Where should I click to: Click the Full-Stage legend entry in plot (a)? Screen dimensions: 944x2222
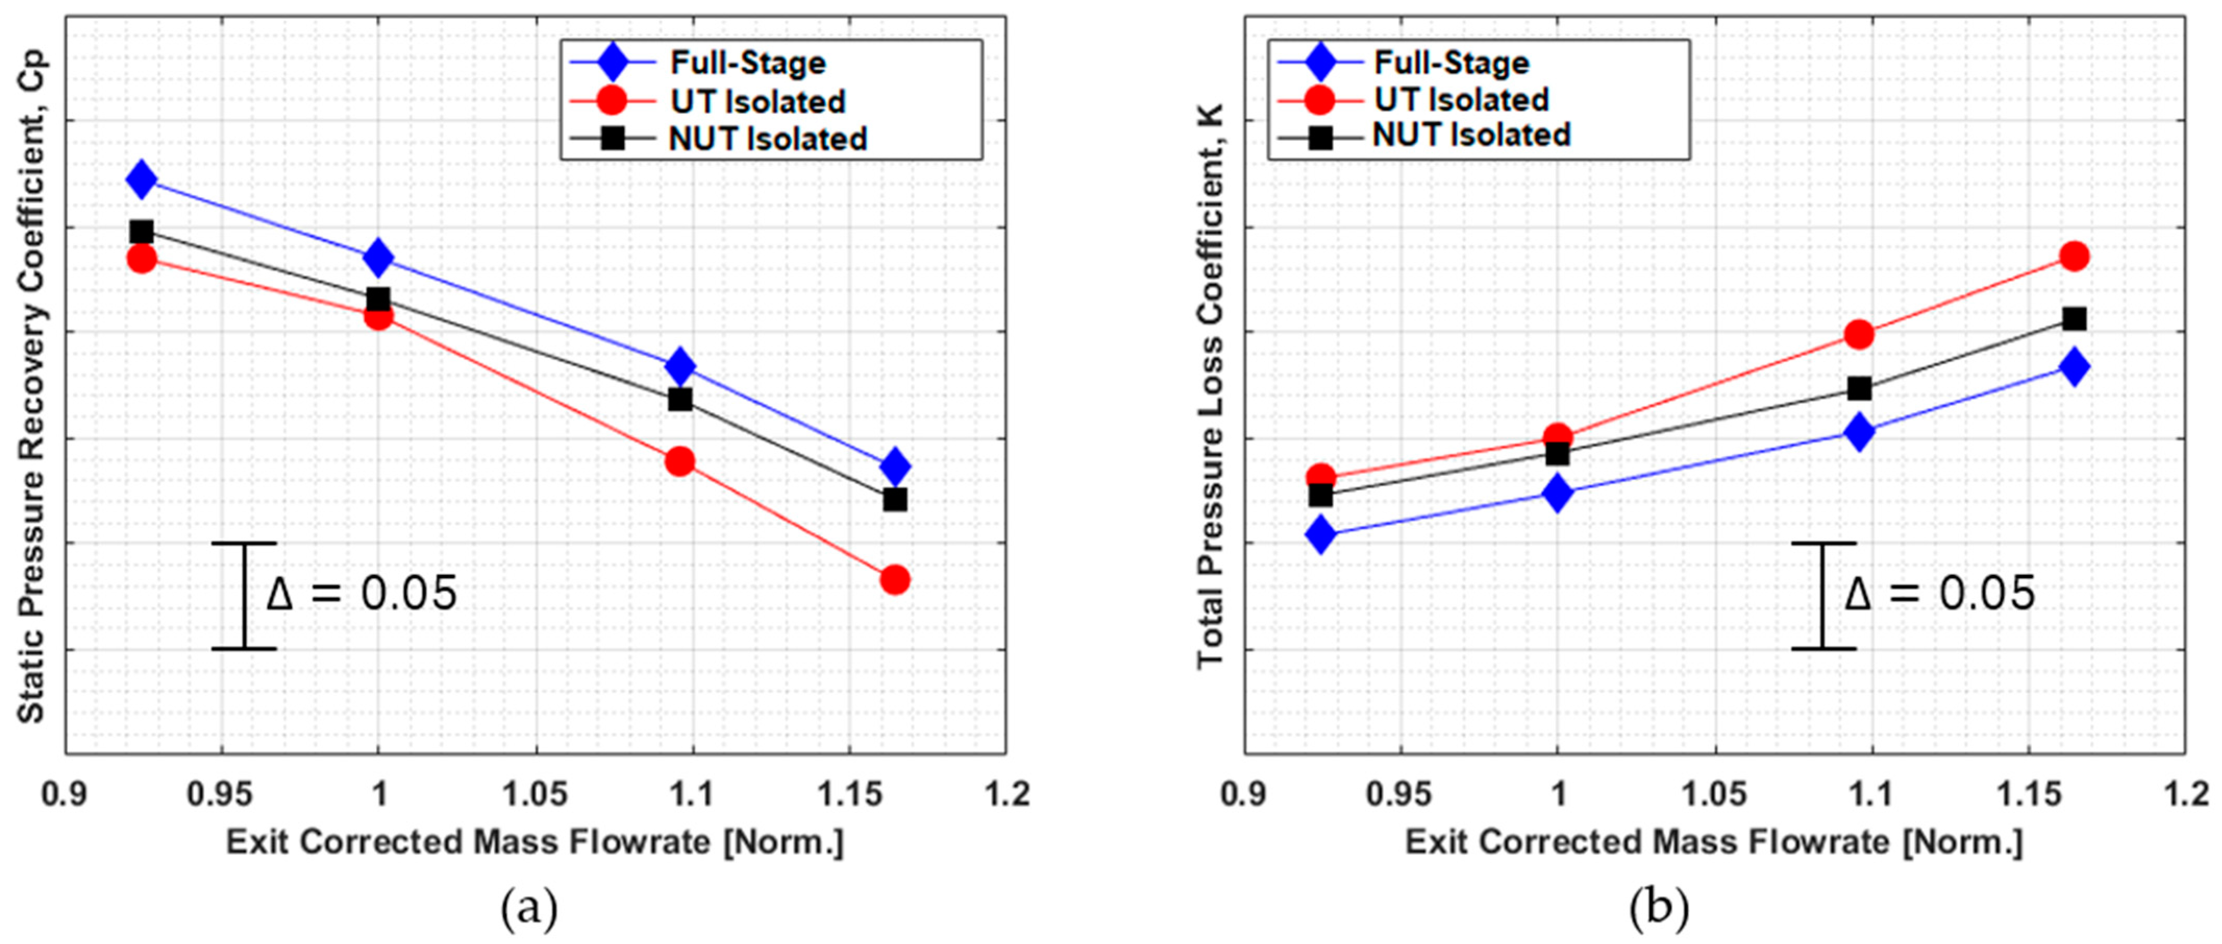(x=747, y=63)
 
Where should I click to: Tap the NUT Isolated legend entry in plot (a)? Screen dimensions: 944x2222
(x=767, y=139)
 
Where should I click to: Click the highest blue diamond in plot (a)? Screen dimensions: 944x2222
(x=142, y=179)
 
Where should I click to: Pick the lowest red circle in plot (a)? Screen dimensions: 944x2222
(x=894, y=579)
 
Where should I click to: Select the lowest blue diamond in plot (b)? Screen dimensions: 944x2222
(x=1320, y=535)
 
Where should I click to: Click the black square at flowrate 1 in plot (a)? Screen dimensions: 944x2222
(x=378, y=299)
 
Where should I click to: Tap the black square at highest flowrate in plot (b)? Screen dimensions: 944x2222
(x=2074, y=319)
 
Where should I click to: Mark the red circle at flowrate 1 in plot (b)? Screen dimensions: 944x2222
(x=1557, y=437)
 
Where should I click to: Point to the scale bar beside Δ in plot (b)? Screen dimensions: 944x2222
(x=1822, y=595)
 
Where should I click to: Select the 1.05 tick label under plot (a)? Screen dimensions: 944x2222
(x=535, y=794)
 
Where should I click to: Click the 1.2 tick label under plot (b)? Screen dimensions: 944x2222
(x=2183, y=794)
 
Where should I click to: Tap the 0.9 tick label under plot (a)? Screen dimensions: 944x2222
(x=65, y=794)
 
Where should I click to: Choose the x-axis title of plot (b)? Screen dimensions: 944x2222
(x=1713, y=841)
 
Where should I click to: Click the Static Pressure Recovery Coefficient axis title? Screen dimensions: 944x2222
(x=31, y=384)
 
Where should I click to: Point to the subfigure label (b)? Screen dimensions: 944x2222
(x=1659, y=908)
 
